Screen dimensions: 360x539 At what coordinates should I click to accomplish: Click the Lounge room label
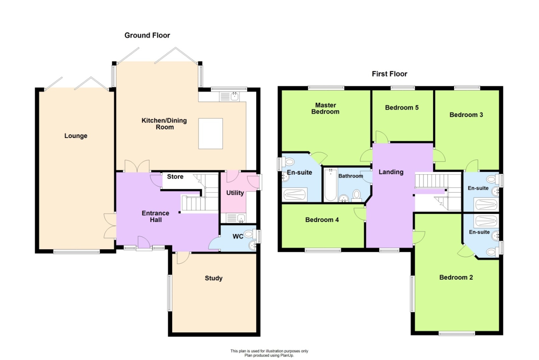coord(76,136)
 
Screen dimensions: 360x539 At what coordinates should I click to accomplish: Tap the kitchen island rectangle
coord(210,134)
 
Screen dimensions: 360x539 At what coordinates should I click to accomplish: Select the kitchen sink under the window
coord(235,96)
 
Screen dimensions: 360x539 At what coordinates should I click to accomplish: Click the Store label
coord(175,177)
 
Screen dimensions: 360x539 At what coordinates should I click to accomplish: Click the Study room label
coord(214,278)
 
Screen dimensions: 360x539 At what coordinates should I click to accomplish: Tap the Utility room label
coord(235,193)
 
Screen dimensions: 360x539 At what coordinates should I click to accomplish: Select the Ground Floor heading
coord(147,35)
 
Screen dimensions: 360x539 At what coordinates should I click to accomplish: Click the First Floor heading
coord(389,74)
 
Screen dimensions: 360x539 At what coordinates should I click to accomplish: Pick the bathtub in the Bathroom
coord(331,185)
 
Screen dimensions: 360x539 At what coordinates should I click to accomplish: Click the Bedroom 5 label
coord(402,108)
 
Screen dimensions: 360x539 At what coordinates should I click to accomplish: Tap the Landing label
coord(391,172)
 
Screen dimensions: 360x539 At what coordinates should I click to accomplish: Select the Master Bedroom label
coord(325,108)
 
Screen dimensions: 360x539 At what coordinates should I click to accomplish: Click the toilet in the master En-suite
coord(289,162)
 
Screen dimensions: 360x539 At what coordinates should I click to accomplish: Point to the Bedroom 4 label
coord(322,220)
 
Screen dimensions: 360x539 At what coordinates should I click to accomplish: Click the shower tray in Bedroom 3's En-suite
coord(486,204)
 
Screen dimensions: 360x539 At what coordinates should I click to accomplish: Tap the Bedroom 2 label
coord(456,277)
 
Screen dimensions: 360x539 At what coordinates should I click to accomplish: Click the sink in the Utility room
coord(241,218)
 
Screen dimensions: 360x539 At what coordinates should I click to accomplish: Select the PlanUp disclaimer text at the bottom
coord(269,353)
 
